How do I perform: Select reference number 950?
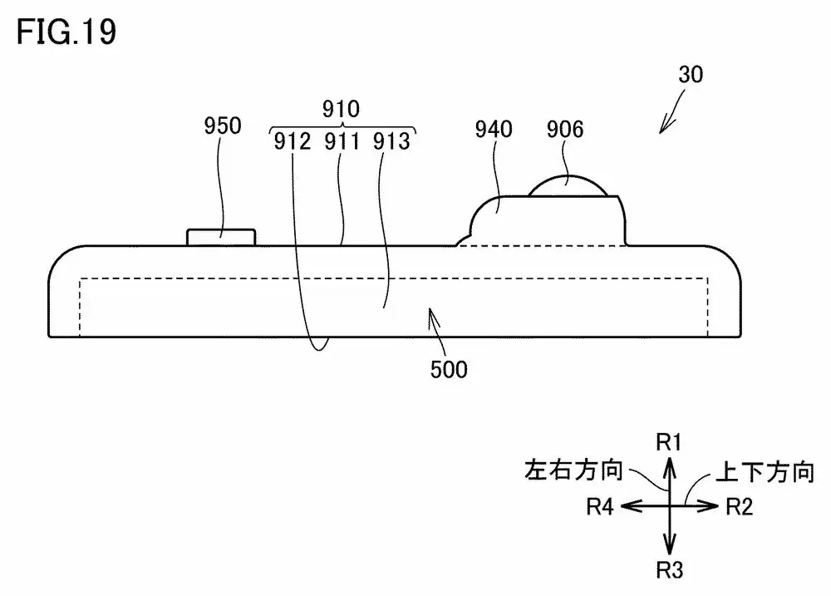tap(222, 126)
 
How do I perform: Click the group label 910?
tap(341, 109)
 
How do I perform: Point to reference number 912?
tap(293, 141)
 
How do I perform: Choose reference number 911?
tap(342, 141)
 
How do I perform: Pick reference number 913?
tap(391, 141)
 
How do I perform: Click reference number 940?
tap(494, 130)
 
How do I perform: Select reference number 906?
tap(565, 130)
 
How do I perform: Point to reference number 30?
tap(690, 74)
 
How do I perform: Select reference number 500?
tap(449, 368)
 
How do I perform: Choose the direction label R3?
tap(668, 570)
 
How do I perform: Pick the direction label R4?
tap(599, 506)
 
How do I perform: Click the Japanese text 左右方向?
tap(573, 471)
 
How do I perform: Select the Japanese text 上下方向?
tap(764, 473)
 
